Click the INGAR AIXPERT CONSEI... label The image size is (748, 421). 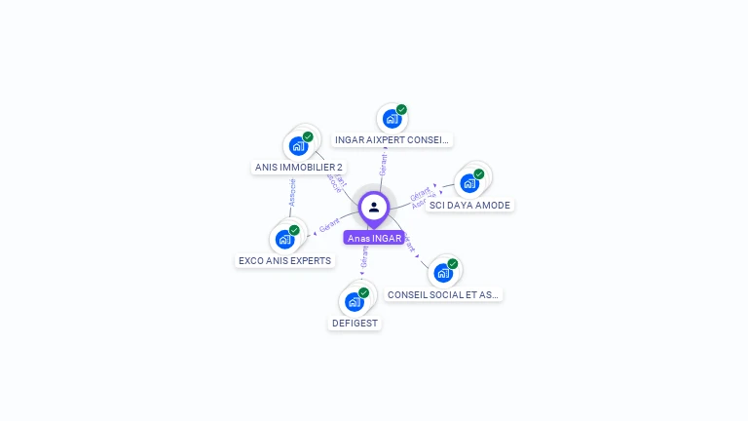[x=392, y=140]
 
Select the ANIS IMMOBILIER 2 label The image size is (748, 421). [x=298, y=168]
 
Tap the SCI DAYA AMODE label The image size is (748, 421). [x=469, y=206]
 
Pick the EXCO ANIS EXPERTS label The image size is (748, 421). [x=284, y=261]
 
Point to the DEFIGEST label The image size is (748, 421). [x=355, y=324]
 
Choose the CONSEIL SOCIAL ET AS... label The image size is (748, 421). [x=443, y=294]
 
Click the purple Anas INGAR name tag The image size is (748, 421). [x=374, y=238]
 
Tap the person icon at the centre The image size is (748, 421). [x=374, y=208]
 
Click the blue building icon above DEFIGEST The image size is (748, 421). [x=354, y=302]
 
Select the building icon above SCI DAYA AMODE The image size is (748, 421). [x=469, y=183]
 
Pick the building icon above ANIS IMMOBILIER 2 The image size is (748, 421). [x=298, y=146]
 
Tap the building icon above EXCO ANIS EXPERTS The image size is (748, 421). [x=284, y=239]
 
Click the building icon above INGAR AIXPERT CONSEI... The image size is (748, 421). [x=392, y=119]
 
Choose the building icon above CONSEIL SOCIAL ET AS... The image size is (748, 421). [x=443, y=273]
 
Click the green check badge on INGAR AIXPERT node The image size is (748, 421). [x=401, y=109]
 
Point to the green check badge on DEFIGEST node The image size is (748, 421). [x=363, y=292]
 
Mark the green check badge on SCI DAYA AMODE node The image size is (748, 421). [x=479, y=173]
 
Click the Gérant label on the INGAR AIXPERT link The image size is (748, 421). [x=384, y=164]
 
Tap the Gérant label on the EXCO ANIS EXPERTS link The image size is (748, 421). [x=329, y=226]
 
